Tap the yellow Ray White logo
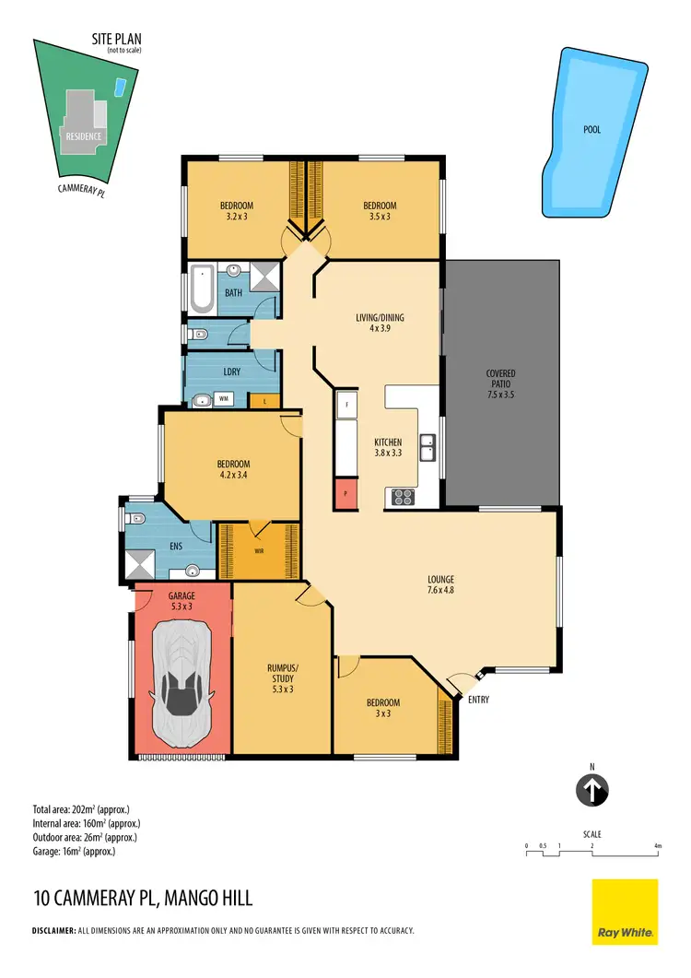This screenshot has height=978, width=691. coord(624,911)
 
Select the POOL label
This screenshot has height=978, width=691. coord(591,130)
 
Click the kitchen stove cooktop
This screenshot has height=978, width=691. coord(404,497)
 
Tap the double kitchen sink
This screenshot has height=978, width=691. coord(428,448)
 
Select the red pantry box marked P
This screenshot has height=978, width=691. coord(345,493)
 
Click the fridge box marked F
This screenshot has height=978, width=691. coord(346,405)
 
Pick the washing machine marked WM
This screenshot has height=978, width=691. coord(223,399)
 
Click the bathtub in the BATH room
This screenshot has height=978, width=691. coord(202,287)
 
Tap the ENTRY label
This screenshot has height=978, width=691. coord(478,700)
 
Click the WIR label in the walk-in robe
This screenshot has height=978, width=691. coord(259,551)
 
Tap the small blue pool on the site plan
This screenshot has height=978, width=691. coord(120,88)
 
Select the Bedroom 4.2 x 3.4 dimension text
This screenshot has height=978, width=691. coord(234,477)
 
